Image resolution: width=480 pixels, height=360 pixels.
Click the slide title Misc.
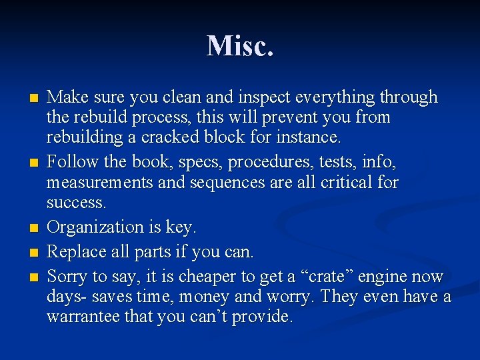tap(240, 46)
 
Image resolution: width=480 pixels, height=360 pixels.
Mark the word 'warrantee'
tap(83, 317)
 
